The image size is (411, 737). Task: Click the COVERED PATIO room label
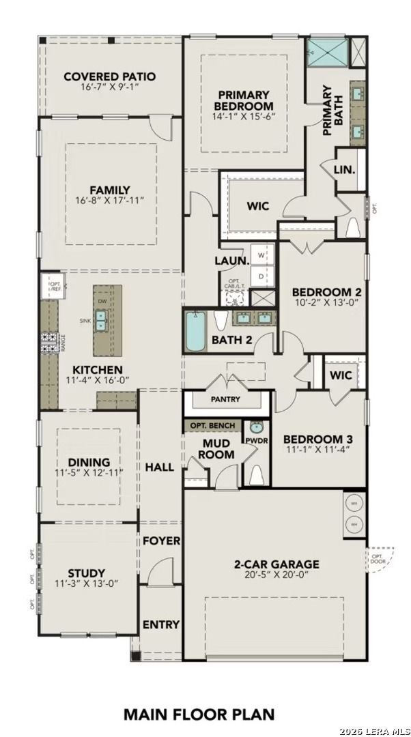tap(109, 76)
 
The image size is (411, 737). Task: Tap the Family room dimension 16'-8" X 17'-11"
tap(109, 202)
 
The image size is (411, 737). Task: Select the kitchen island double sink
tap(101, 319)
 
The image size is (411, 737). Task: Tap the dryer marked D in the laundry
tap(261, 276)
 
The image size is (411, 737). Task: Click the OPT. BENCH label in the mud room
tap(212, 426)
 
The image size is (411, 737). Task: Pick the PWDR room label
tap(257, 441)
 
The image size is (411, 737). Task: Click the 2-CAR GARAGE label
tap(277, 564)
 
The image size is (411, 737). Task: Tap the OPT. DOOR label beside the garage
tap(377, 560)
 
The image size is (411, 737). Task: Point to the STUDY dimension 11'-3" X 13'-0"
tap(87, 583)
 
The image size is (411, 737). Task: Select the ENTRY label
tap(161, 624)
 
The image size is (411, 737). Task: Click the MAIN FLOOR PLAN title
tap(199, 714)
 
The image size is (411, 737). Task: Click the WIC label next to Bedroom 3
tap(341, 375)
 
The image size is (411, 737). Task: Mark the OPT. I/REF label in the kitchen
tap(54, 285)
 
